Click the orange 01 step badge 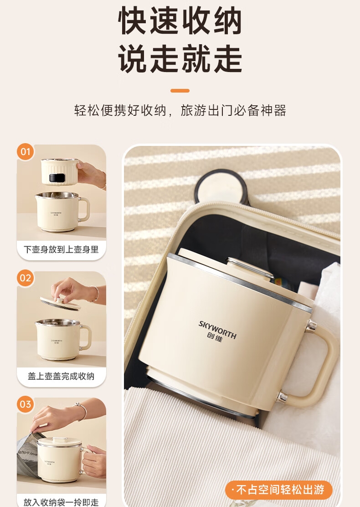pos(25,152)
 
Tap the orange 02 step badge pos(25,278)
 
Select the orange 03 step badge pos(25,404)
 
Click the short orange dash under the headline pos(180,91)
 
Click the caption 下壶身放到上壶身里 pos(61,249)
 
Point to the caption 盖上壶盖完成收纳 pos(61,376)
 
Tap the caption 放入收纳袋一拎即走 pos(61,502)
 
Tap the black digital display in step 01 pos(57,177)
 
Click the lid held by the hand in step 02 pos(60,303)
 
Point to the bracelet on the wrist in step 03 pos(82,411)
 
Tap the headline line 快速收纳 pos(180,21)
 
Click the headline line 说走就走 pos(180,59)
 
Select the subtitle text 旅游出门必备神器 pos(233,110)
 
